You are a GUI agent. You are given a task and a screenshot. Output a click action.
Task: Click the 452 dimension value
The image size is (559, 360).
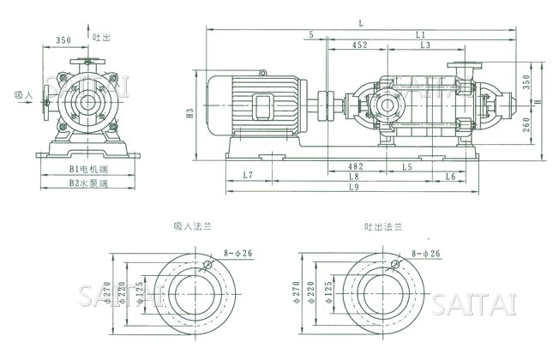[360, 45]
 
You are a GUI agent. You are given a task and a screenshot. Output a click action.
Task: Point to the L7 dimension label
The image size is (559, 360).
[247, 176]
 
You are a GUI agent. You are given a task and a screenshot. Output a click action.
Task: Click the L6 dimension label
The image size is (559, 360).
[449, 176]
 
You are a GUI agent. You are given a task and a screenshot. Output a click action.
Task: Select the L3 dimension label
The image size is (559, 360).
[425, 45]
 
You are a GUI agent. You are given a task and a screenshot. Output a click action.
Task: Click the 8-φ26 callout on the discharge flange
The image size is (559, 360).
[425, 255]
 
